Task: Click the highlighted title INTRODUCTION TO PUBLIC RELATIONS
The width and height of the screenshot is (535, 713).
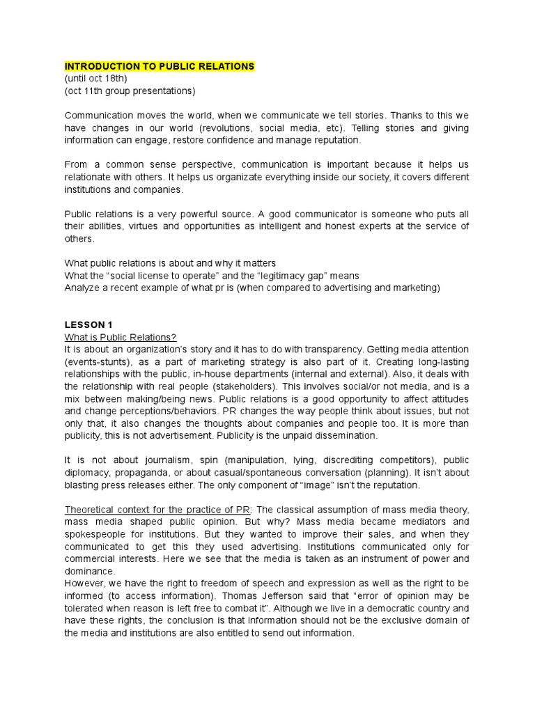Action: pos(160,66)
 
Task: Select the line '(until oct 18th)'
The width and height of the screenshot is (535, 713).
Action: pos(95,79)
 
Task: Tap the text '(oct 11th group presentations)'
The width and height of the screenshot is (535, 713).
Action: pos(130,91)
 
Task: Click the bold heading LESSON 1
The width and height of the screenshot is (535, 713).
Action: pos(88,324)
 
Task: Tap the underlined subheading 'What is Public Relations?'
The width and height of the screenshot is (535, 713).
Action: pos(121,336)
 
